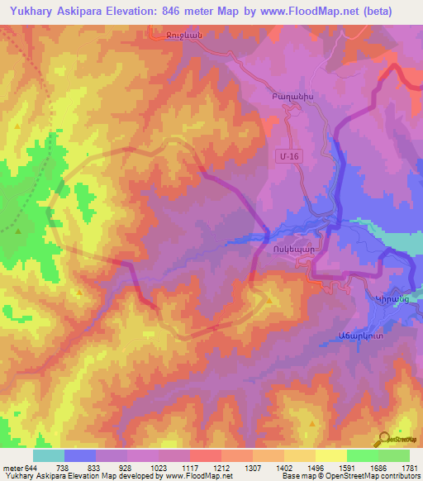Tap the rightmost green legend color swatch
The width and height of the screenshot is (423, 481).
click(393, 455)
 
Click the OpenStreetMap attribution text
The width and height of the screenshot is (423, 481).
click(377, 476)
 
